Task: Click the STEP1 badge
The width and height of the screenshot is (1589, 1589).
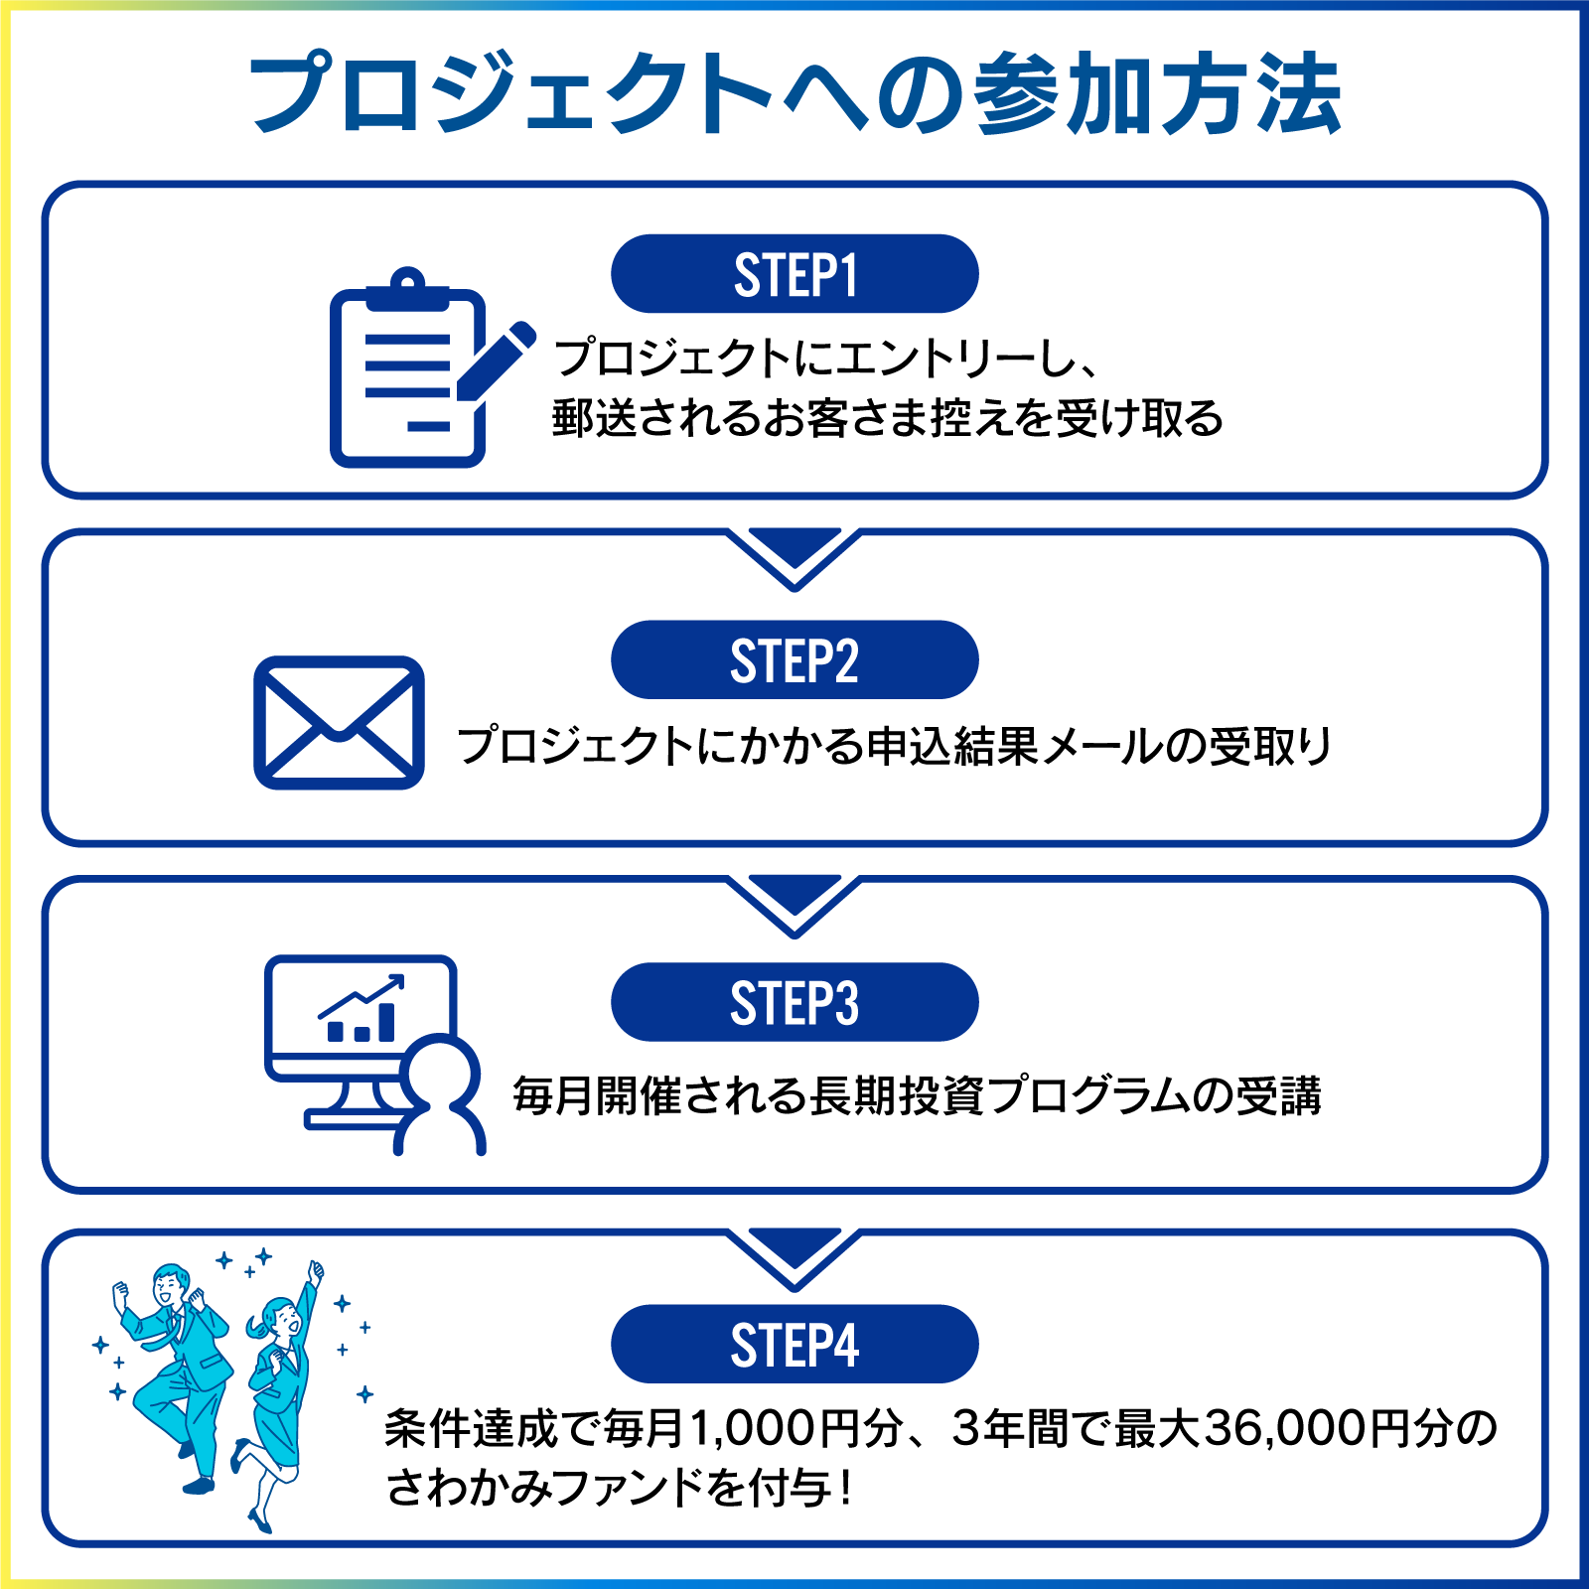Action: pyautogui.click(x=794, y=274)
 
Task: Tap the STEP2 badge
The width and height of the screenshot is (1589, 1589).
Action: pyautogui.click(x=794, y=660)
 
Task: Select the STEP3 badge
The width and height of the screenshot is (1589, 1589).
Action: pyautogui.click(x=794, y=1002)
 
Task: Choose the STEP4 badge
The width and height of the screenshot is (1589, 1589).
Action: pyautogui.click(x=794, y=1345)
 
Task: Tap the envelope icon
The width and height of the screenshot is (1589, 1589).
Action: pyautogui.click(x=339, y=723)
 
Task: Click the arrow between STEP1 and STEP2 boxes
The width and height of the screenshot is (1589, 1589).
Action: pyautogui.click(x=794, y=556)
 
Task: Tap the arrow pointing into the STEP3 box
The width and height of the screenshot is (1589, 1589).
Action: pyautogui.click(x=794, y=902)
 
